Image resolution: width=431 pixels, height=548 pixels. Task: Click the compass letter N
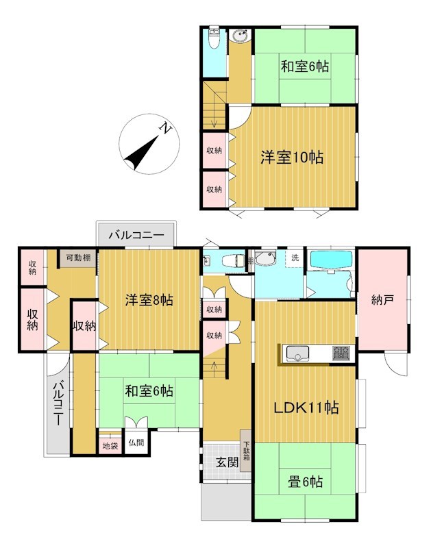coord(165,128)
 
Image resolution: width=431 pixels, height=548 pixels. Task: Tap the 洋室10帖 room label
coord(291,158)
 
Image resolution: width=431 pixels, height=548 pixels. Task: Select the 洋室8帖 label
coord(149,300)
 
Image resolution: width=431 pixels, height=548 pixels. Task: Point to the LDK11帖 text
coord(306,407)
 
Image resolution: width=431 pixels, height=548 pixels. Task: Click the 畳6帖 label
coord(305,482)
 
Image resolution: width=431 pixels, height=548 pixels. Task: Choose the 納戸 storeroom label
coord(383,299)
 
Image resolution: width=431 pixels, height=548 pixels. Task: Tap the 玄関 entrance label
coord(227,462)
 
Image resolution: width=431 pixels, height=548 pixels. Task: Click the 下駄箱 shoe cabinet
coord(246,451)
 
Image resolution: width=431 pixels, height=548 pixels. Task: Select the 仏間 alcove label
coord(136,443)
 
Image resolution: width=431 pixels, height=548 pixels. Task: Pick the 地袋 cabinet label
coord(110,446)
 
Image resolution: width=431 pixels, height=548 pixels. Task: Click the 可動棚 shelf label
coord(78,258)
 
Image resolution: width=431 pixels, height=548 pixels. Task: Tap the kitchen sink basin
coord(297,353)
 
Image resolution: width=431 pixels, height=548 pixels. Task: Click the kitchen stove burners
coord(341,353)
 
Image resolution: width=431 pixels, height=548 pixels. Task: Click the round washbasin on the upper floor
coord(241,36)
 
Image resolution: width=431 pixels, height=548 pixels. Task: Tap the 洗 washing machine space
coord(295,258)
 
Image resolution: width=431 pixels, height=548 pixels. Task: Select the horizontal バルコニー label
coord(136,234)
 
